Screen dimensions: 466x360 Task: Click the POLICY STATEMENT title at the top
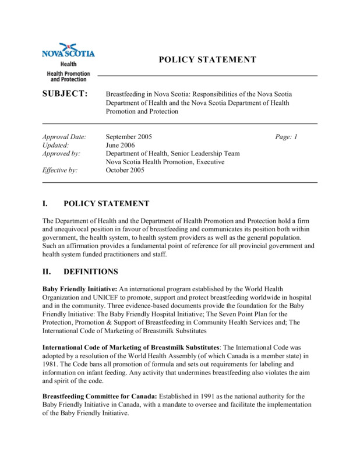click(207, 59)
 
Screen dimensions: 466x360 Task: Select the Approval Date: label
click(65, 137)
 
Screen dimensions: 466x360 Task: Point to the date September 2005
click(129, 137)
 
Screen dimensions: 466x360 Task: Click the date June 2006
click(121, 146)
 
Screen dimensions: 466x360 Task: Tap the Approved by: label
click(62, 154)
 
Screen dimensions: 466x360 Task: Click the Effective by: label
click(61, 171)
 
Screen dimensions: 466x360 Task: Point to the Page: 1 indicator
click(286, 137)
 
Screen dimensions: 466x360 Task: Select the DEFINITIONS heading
click(90, 271)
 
